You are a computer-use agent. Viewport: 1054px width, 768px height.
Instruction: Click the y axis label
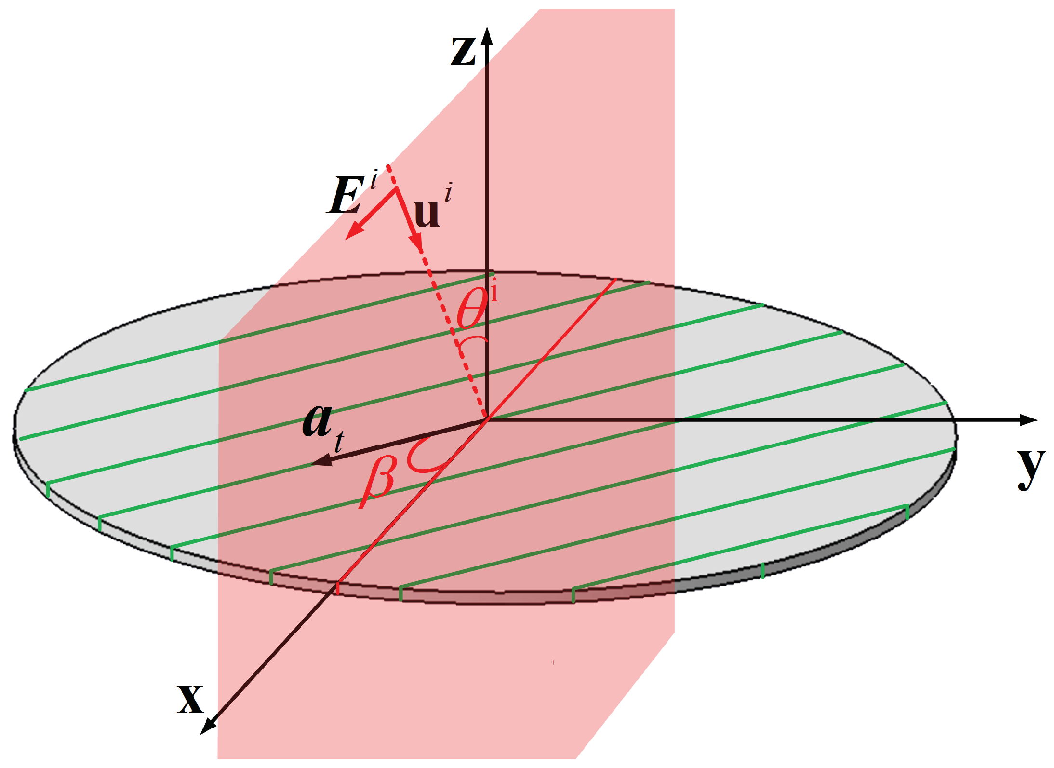click(x=1030, y=468)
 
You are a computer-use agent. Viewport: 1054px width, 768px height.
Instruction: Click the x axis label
click(x=190, y=699)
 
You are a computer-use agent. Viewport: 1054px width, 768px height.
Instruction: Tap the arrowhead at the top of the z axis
click(x=487, y=36)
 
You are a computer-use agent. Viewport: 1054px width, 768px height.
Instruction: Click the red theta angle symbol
click(x=471, y=309)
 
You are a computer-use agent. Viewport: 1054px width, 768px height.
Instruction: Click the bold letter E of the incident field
click(x=346, y=195)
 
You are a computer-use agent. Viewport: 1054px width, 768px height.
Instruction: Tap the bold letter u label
click(x=427, y=212)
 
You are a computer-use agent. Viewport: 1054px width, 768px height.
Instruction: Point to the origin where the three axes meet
click(x=487, y=418)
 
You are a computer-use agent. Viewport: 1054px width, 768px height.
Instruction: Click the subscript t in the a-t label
click(x=339, y=441)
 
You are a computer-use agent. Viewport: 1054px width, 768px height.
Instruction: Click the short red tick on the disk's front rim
click(x=337, y=588)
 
